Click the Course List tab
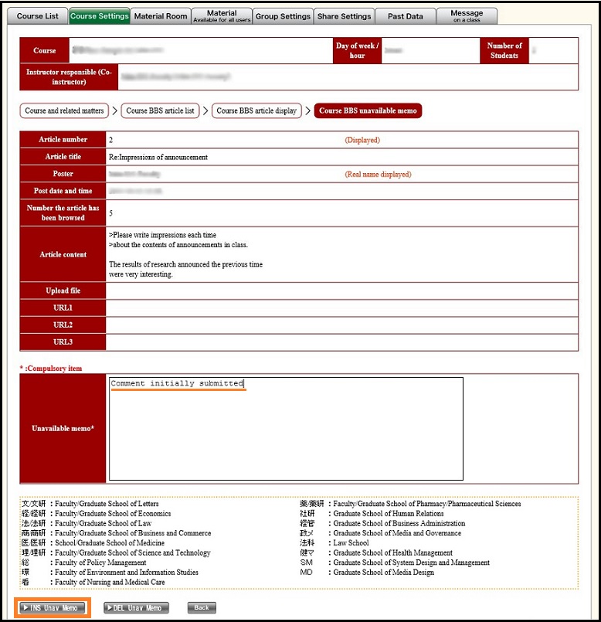pyautogui.click(x=37, y=16)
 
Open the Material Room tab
pyautogui.click(x=160, y=16)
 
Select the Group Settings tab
pyautogui.click(x=283, y=16)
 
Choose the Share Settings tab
pyautogui.click(x=345, y=16)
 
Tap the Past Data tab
pyautogui.click(x=405, y=16)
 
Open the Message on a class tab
pyautogui.click(x=467, y=16)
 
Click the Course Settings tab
pyautogui.click(x=99, y=16)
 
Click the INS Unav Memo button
pyautogui.click(x=53, y=608)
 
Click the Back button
pyautogui.click(x=201, y=608)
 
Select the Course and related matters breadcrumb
pyautogui.click(x=64, y=110)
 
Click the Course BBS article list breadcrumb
pyautogui.click(x=160, y=110)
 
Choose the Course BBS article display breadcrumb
pyautogui.click(x=256, y=110)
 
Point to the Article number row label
pyautogui.click(x=63, y=140)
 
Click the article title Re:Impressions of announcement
pyautogui.click(x=158, y=157)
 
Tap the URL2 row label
pyautogui.click(x=63, y=325)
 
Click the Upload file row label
pyautogui.click(x=63, y=291)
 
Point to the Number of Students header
pyautogui.click(x=504, y=51)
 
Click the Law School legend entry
pyautogui.click(x=351, y=543)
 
